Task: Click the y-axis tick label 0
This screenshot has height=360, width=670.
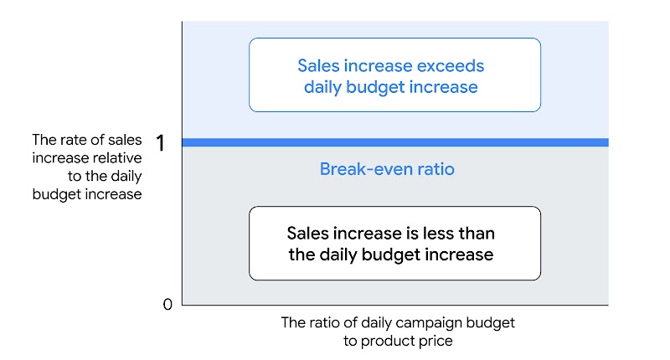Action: (167, 304)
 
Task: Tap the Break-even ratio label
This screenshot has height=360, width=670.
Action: (387, 169)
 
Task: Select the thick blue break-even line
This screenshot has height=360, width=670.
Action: (394, 142)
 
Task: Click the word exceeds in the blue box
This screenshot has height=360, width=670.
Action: (447, 65)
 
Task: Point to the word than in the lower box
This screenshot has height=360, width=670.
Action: (487, 234)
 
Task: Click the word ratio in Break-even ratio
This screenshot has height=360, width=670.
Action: (435, 169)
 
